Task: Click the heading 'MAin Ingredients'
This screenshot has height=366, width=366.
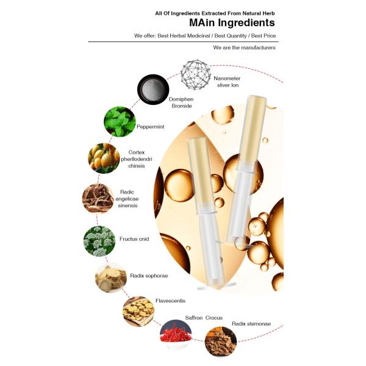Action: (232, 23)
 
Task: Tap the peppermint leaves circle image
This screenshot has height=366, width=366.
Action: (120, 121)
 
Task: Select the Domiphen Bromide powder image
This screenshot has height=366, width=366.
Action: (153, 90)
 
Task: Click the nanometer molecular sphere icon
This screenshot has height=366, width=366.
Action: (196, 74)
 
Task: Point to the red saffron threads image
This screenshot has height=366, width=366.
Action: (176, 334)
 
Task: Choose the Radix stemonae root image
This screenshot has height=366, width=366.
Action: (221, 342)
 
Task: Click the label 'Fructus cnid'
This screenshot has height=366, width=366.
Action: (134, 239)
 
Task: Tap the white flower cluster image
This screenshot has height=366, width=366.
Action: (99, 241)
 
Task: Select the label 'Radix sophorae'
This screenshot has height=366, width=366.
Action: (149, 276)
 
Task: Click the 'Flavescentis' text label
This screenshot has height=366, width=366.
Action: (170, 301)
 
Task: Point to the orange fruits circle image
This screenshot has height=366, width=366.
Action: (104, 158)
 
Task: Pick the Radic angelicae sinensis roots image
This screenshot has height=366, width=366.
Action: (98, 198)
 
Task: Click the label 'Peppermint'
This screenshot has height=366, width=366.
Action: (150, 127)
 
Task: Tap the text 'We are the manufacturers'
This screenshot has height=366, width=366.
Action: (244, 48)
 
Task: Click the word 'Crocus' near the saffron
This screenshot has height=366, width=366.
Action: (214, 318)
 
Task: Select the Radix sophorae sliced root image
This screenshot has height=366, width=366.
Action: (111, 278)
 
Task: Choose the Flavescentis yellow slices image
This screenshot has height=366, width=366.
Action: (138, 311)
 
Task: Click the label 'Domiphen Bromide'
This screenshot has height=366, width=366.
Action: (181, 102)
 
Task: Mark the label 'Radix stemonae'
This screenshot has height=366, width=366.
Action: (251, 324)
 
